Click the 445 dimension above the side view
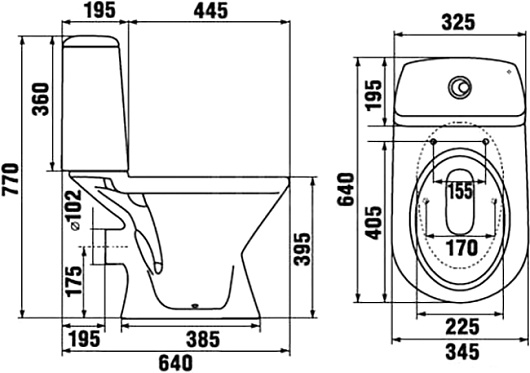coord(211,11)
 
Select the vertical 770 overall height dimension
coord(10,179)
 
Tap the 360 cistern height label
coord(41,100)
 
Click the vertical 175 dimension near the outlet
coord(74,281)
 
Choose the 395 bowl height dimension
coord(302,249)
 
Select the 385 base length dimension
coord(203,339)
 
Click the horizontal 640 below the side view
coord(176,363)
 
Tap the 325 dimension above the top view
coord(459,22)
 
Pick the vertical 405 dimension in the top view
coord(374,223)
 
